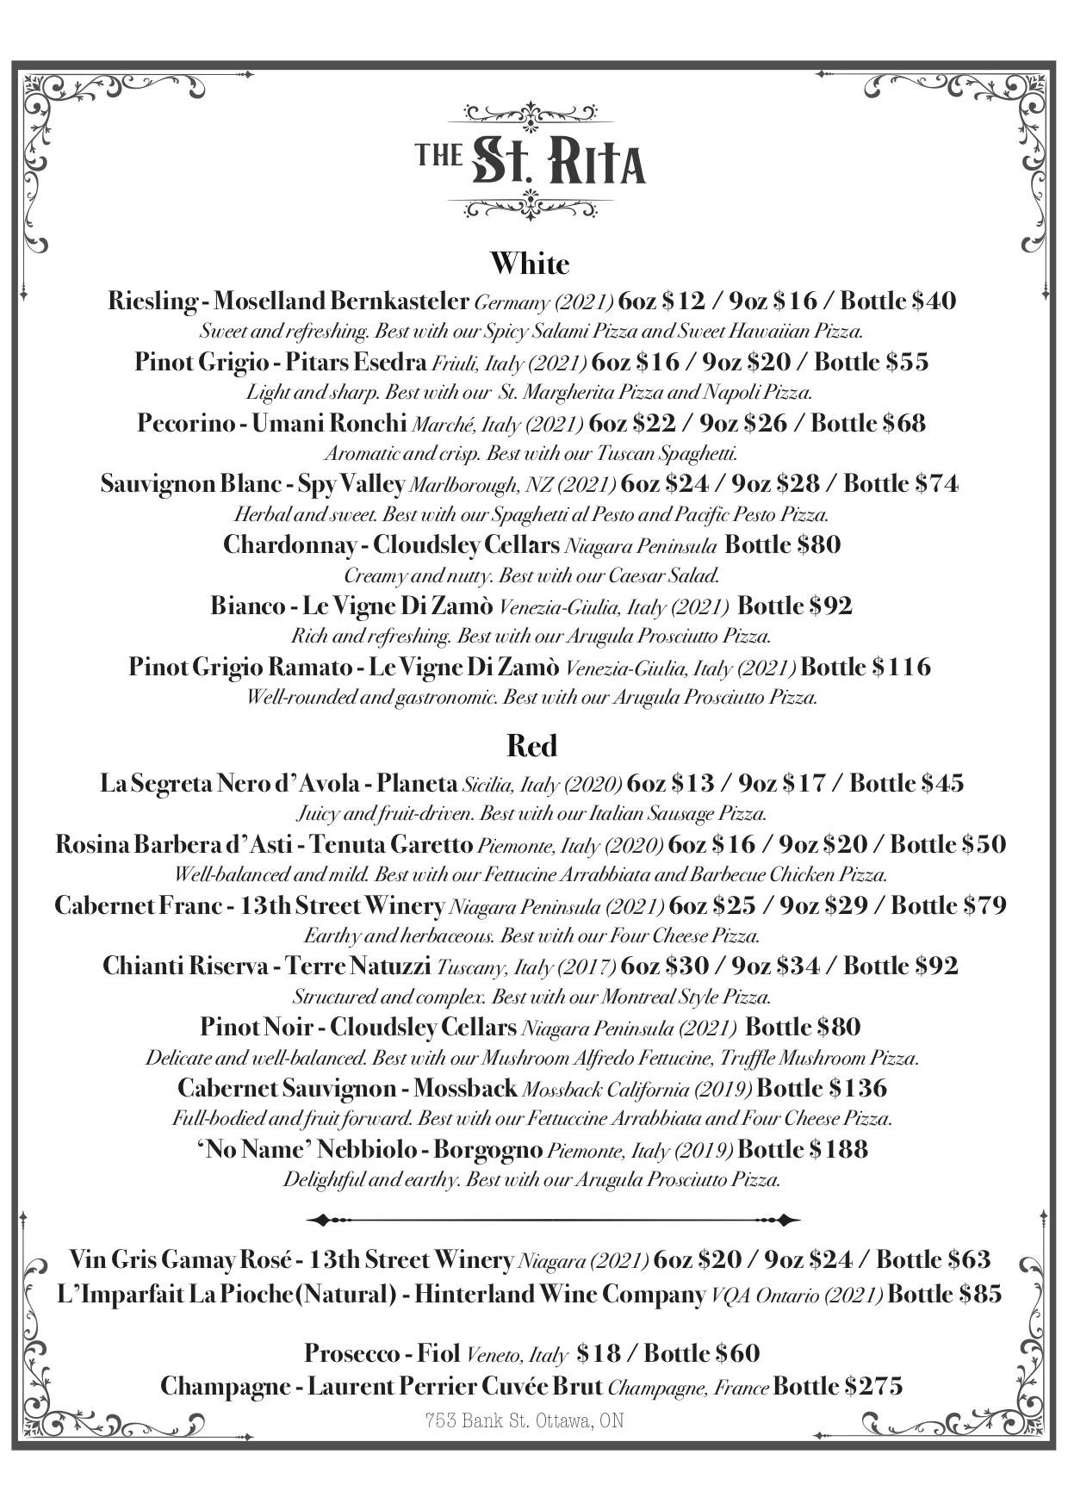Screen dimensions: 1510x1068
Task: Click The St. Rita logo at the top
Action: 531,161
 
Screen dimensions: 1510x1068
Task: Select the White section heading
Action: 530,264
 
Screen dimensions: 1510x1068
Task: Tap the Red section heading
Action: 531,746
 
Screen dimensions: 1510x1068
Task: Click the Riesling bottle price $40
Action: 934,301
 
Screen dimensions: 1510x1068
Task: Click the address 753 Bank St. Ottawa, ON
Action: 524,1420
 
